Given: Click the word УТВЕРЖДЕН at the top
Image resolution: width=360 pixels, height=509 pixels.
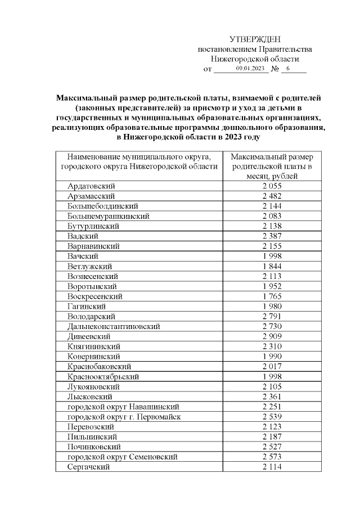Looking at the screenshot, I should coord(255,39).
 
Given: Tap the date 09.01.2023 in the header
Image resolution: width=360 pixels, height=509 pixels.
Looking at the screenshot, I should coord(250,69).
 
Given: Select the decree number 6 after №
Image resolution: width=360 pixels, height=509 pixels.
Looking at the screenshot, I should coord(287,69).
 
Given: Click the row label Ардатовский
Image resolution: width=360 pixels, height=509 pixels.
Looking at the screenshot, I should coord(91,186).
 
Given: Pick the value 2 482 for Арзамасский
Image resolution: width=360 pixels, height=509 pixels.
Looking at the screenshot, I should coord(272,196).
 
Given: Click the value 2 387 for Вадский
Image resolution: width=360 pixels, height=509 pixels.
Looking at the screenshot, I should coord(272,236).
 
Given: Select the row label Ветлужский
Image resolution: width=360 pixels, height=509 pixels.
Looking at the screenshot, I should coord(89,266).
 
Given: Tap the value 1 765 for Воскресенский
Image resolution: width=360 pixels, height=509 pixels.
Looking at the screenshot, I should coord(272,296).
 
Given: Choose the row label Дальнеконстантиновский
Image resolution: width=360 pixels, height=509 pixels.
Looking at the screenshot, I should coord(114,326).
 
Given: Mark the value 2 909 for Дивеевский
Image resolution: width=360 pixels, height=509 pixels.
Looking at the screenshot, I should coord(272,336).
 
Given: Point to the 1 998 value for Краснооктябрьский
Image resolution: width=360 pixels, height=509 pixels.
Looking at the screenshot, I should coord(272,376).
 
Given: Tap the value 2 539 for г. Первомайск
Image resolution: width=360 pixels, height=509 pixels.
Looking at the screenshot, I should coord(272,417).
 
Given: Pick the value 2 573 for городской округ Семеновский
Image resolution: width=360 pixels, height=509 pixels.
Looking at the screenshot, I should coord(272,457).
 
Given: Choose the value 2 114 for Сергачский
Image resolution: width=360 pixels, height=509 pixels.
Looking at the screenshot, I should coord(272,467).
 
